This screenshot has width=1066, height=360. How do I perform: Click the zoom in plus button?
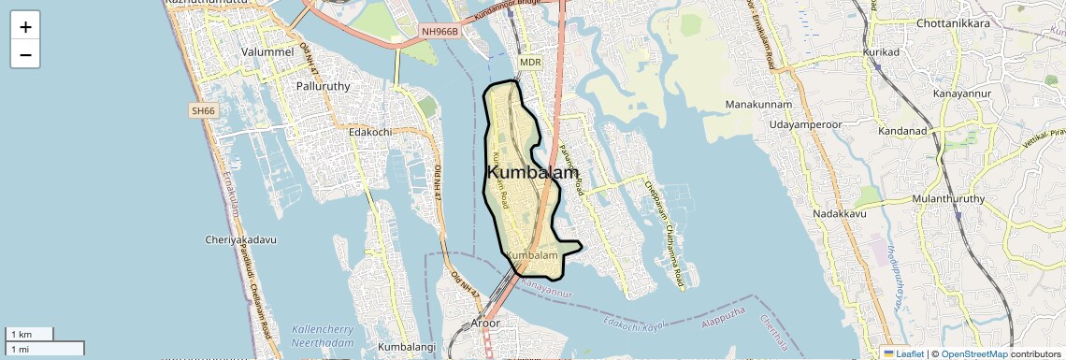pyautogui.click(x=25, y=27)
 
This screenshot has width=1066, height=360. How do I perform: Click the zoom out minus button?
pyautogui.click(x=25, y=55)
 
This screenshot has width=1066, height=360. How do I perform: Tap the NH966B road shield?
pyautogui.click(x=440, y=32)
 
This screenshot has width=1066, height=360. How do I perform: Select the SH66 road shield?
pyautogui.click(x=203, y=111)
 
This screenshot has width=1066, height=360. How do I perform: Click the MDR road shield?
pyautogui.click(x=530, y=63)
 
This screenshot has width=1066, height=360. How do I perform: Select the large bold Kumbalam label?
pyautogui.click(x=532, y=173)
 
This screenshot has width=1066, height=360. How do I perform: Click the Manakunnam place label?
pyautogui.click(x=758, y=104)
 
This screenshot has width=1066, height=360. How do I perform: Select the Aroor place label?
pyautogui.click(x=484, y=324)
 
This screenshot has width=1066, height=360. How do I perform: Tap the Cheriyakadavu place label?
pyautogui.click(x=240, y=239)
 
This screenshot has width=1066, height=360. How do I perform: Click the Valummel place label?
pyautogui.click(x=267, y=51)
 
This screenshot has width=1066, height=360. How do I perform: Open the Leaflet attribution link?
pyautogui.click(x=906, y=353)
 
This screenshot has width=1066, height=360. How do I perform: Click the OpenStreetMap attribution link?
pyautogui.click(x=974, y=353)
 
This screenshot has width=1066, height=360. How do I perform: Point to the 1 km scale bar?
pyautogui.click(x=29, y=334)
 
